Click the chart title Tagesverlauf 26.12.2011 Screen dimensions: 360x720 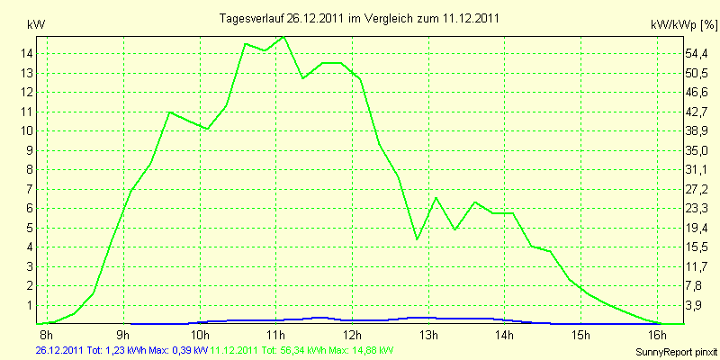coord(360,18)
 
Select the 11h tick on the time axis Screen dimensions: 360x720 coord(275,335)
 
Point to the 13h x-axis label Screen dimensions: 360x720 coord(429,335)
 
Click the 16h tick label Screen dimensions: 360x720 coord(659,335)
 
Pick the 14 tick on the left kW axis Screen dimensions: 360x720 coord(28,53)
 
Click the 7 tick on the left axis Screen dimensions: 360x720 coord(28,189)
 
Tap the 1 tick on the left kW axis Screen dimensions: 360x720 coord(28,305)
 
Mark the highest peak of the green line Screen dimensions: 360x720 coord(283,37)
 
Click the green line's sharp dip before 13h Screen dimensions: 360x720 coord(417,238)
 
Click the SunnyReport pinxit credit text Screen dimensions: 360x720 coord(675,349)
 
